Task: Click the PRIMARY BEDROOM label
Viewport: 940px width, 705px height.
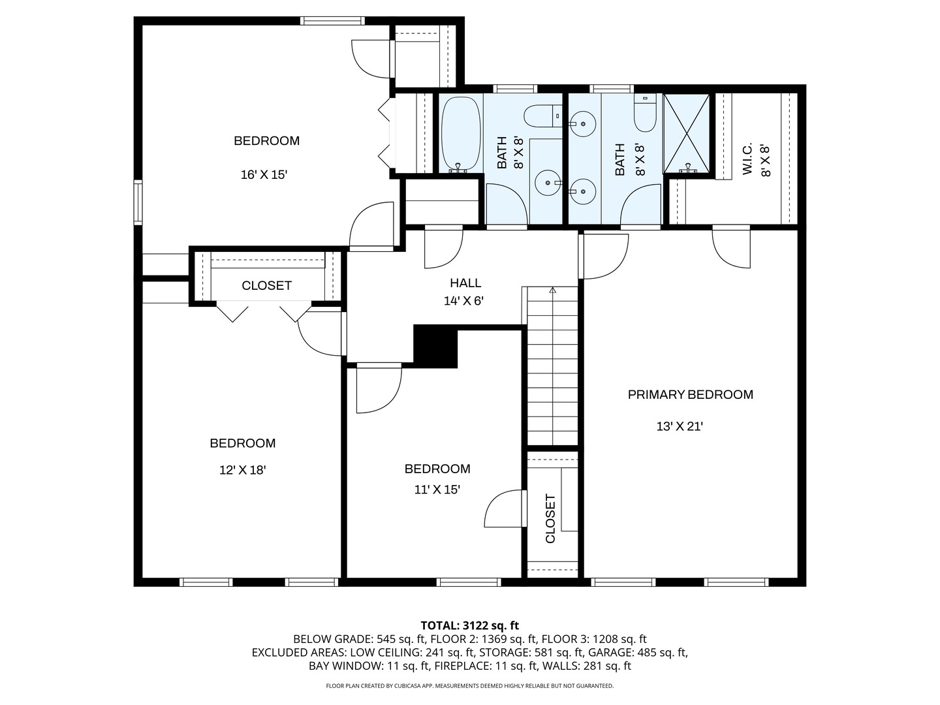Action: point(690,394)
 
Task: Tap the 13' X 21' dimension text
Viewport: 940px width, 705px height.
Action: point(679,426)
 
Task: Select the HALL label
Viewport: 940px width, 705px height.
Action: point(465,283)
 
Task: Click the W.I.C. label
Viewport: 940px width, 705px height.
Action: point(747,159)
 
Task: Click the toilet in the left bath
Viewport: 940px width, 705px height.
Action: point(541,116)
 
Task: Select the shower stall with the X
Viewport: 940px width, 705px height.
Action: point(687,134)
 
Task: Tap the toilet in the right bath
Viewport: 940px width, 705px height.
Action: point(645,116)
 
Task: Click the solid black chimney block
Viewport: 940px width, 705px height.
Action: point(435,347)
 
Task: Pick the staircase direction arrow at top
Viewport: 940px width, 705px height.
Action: point(552,290)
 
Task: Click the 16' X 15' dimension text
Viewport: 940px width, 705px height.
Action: point(264,175)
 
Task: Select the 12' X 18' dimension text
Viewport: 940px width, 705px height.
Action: point(242,469)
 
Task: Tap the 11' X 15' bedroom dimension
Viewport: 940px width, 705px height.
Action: point(437,490)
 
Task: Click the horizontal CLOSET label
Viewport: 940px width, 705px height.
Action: point(266,285)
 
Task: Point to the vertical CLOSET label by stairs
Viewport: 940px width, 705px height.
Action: point(550,519)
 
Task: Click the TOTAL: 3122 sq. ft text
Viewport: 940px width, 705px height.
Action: point(469,625)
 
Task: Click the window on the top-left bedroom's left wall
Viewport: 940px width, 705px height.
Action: point(138,202)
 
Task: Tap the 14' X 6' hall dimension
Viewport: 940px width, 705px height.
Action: point(465,301)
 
